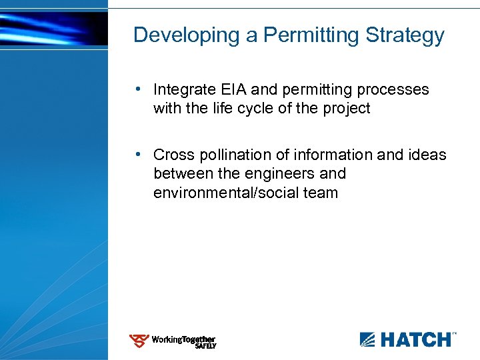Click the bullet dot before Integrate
[137, 89]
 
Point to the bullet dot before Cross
[137, 154]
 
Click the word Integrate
[182, 89]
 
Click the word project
[345, 108]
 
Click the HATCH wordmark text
[414, 340]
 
